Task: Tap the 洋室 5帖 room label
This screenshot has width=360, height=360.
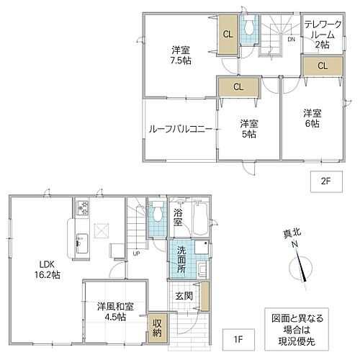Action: pyautogui.click(x=249, y=128)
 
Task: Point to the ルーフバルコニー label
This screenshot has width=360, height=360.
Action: pyautogui.click(x=180, y=130)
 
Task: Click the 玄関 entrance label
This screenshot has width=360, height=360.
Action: pyautogui.click(x=182, y=295)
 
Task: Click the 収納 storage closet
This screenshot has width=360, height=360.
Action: pyautogui.click(x=156, y=328)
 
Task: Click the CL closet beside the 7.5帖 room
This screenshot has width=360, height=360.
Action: pyautogui.click(x=227, y=34)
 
